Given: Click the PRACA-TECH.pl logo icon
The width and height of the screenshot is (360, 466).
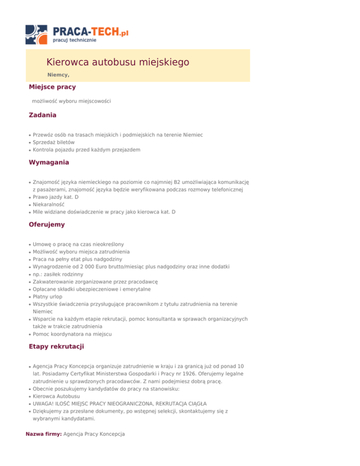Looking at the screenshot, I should click(x=37, y=34).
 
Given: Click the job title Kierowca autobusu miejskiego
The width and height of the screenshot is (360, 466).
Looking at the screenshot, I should click(x=118, y=62).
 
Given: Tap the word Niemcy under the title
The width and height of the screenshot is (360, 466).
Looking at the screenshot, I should click(x=58, y=75).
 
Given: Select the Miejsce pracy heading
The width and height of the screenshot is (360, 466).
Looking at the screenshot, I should click(x=52, y=87).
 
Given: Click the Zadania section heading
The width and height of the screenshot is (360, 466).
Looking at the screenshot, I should click(x=43, y=115).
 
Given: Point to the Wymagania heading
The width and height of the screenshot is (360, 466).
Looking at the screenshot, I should click(x=49, y=162).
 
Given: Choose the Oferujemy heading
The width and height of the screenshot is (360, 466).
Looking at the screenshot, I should click(x=46, y=225).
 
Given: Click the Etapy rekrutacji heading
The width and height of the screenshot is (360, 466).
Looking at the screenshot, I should click(x=57, y=347).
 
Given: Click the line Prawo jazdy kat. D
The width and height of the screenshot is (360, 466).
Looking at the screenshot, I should click(x=56, y=197).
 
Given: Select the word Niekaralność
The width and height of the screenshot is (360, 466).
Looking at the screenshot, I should click(x=49, y=204).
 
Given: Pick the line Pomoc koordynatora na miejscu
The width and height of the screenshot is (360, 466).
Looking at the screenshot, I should click(x=73, y=334).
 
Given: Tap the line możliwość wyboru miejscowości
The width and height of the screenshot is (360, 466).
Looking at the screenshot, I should click(x=71, y=101).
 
